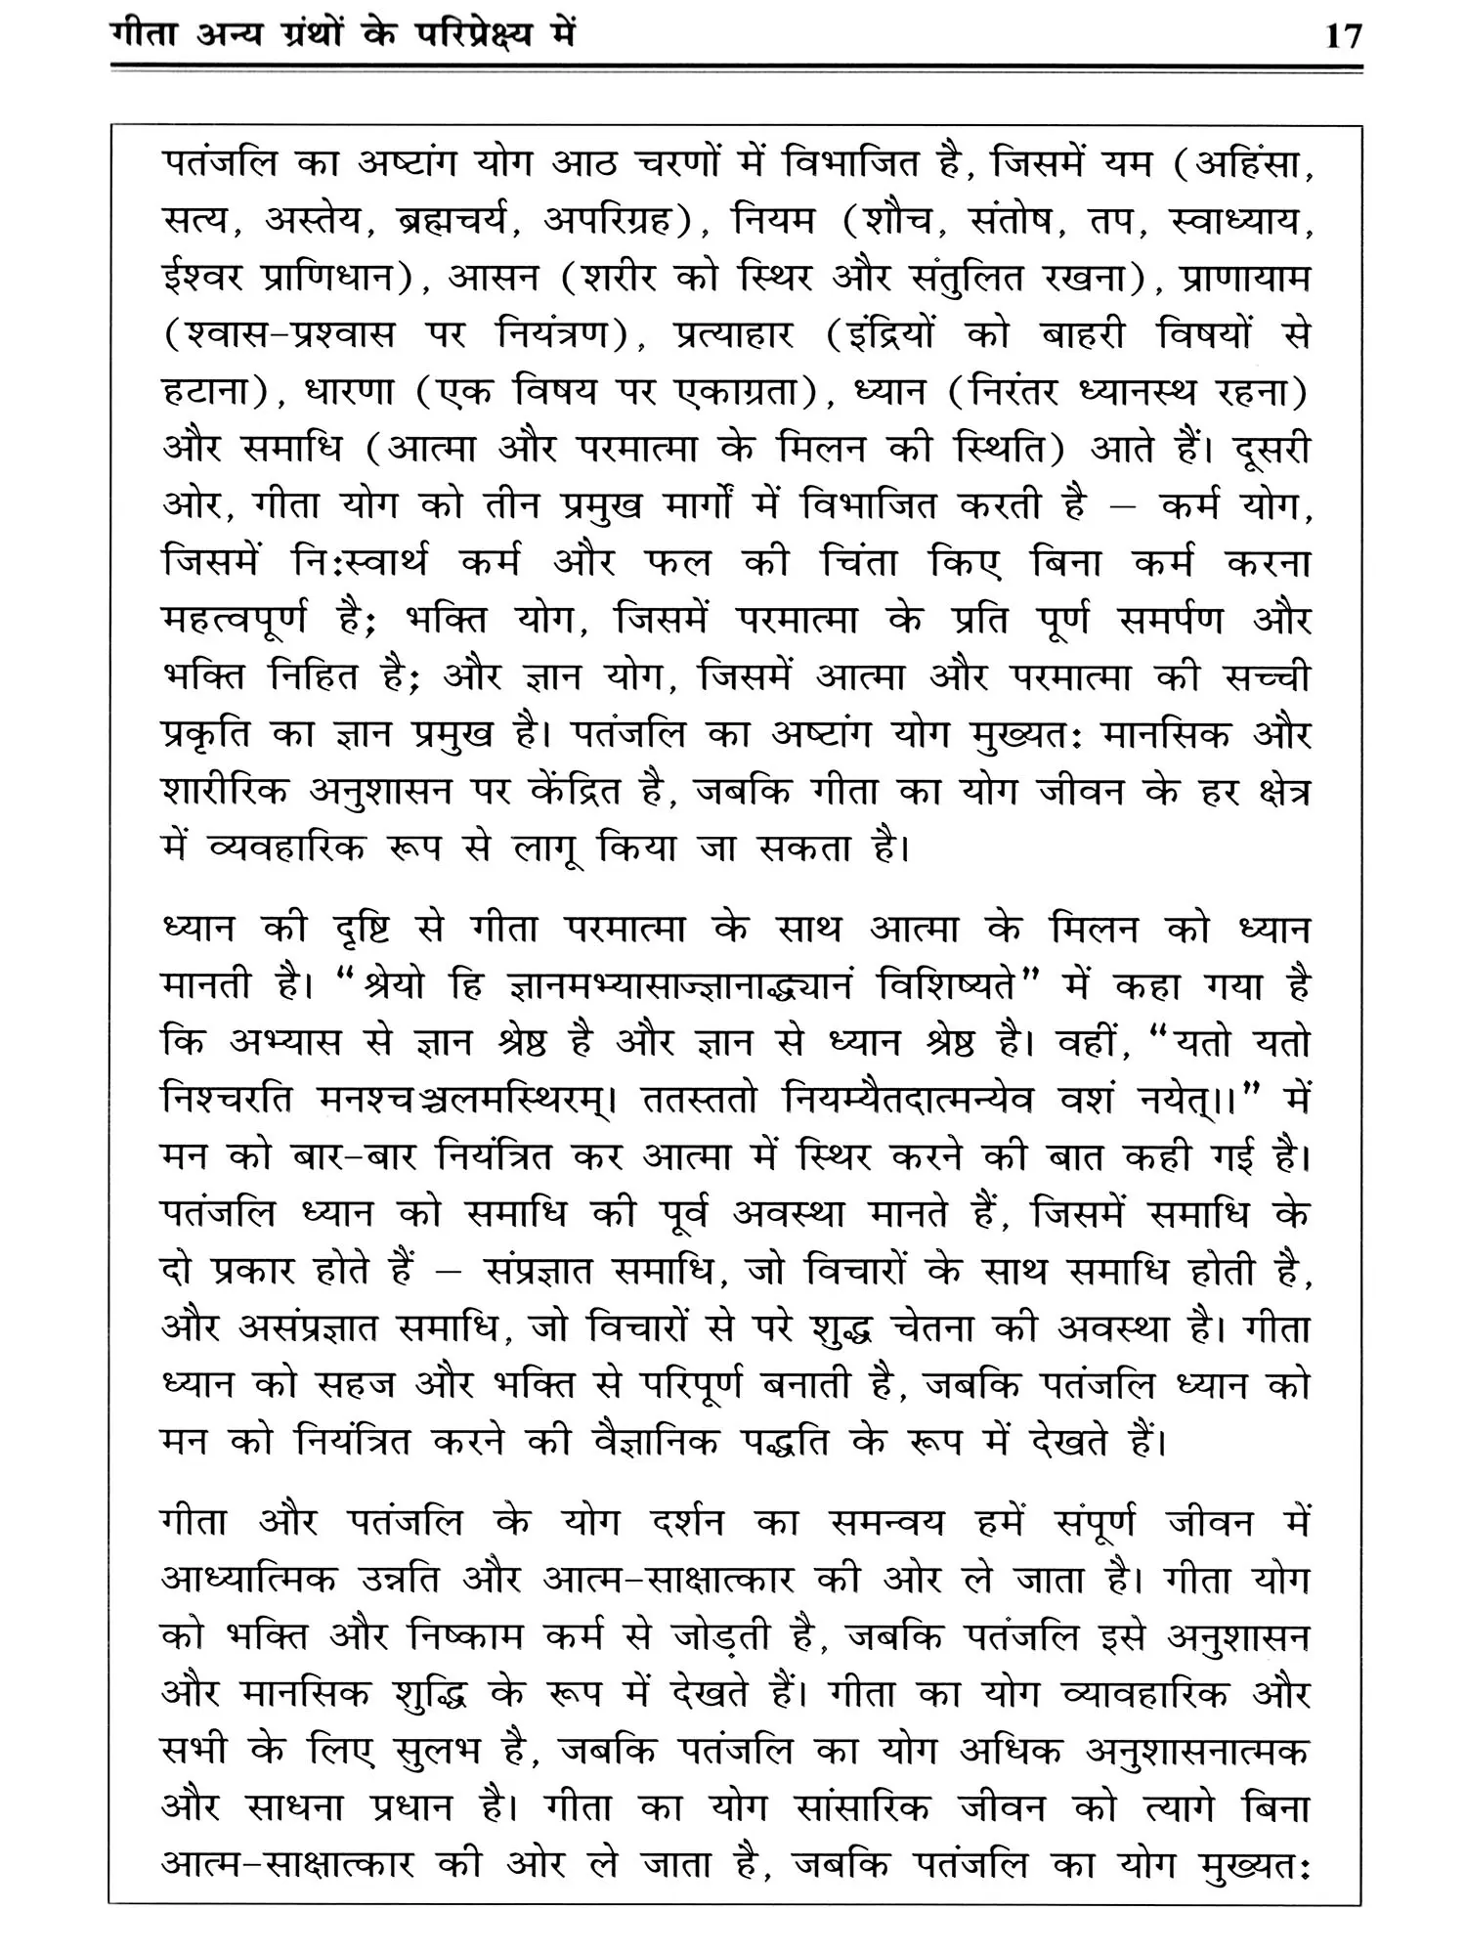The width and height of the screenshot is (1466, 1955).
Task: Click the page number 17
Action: point(1343,36)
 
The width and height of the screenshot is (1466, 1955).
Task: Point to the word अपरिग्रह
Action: point(604,222)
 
